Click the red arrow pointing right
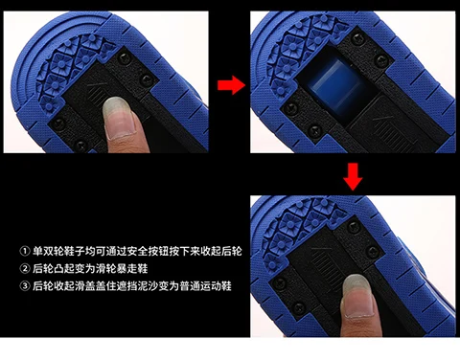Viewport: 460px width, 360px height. click(x=231, y=85)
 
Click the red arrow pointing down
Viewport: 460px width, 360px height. click(x=353, y=176)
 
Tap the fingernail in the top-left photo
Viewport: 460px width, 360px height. click(x=120, y=118)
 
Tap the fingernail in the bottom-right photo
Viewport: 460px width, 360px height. click(x=357, y=297)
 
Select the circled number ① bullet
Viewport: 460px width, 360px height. click(x=24, y=252)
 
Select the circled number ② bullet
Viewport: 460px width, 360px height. click(x=24, y=269)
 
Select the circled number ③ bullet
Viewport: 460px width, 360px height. click(x=24, y=285)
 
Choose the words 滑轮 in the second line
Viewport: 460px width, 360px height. click(x=105, y=269)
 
